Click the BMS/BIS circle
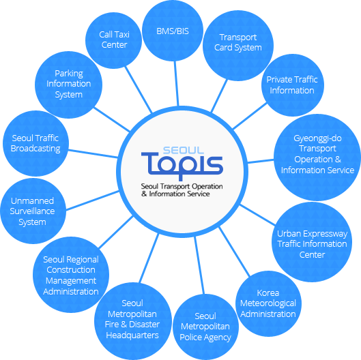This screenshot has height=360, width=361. [173, 31]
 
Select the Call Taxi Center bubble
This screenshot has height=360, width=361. [114, 40]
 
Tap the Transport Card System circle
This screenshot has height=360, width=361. [238, 46]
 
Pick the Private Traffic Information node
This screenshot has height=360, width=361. [293, 85]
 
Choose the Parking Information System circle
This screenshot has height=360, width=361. [69, 85]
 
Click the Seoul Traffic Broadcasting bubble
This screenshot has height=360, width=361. [35, 144]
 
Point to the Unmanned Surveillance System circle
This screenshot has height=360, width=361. [33, 211]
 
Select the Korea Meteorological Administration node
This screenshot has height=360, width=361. [268, 303]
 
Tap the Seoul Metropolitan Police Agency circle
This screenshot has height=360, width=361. [205, 327]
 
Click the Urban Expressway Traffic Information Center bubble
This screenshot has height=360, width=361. [312, 242]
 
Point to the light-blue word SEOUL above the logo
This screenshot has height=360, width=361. [184, 150]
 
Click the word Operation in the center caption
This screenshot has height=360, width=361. [207, 186]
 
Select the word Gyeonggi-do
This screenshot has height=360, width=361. [317, 138]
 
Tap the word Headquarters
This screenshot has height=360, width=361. [132, 335]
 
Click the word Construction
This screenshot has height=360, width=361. [71, 269]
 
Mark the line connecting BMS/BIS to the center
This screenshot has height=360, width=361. [176, 84]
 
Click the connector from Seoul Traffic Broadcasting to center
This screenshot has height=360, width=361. [93, 153]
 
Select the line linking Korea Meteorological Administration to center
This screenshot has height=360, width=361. [234, 252]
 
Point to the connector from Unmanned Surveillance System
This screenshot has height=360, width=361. [93, 200]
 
